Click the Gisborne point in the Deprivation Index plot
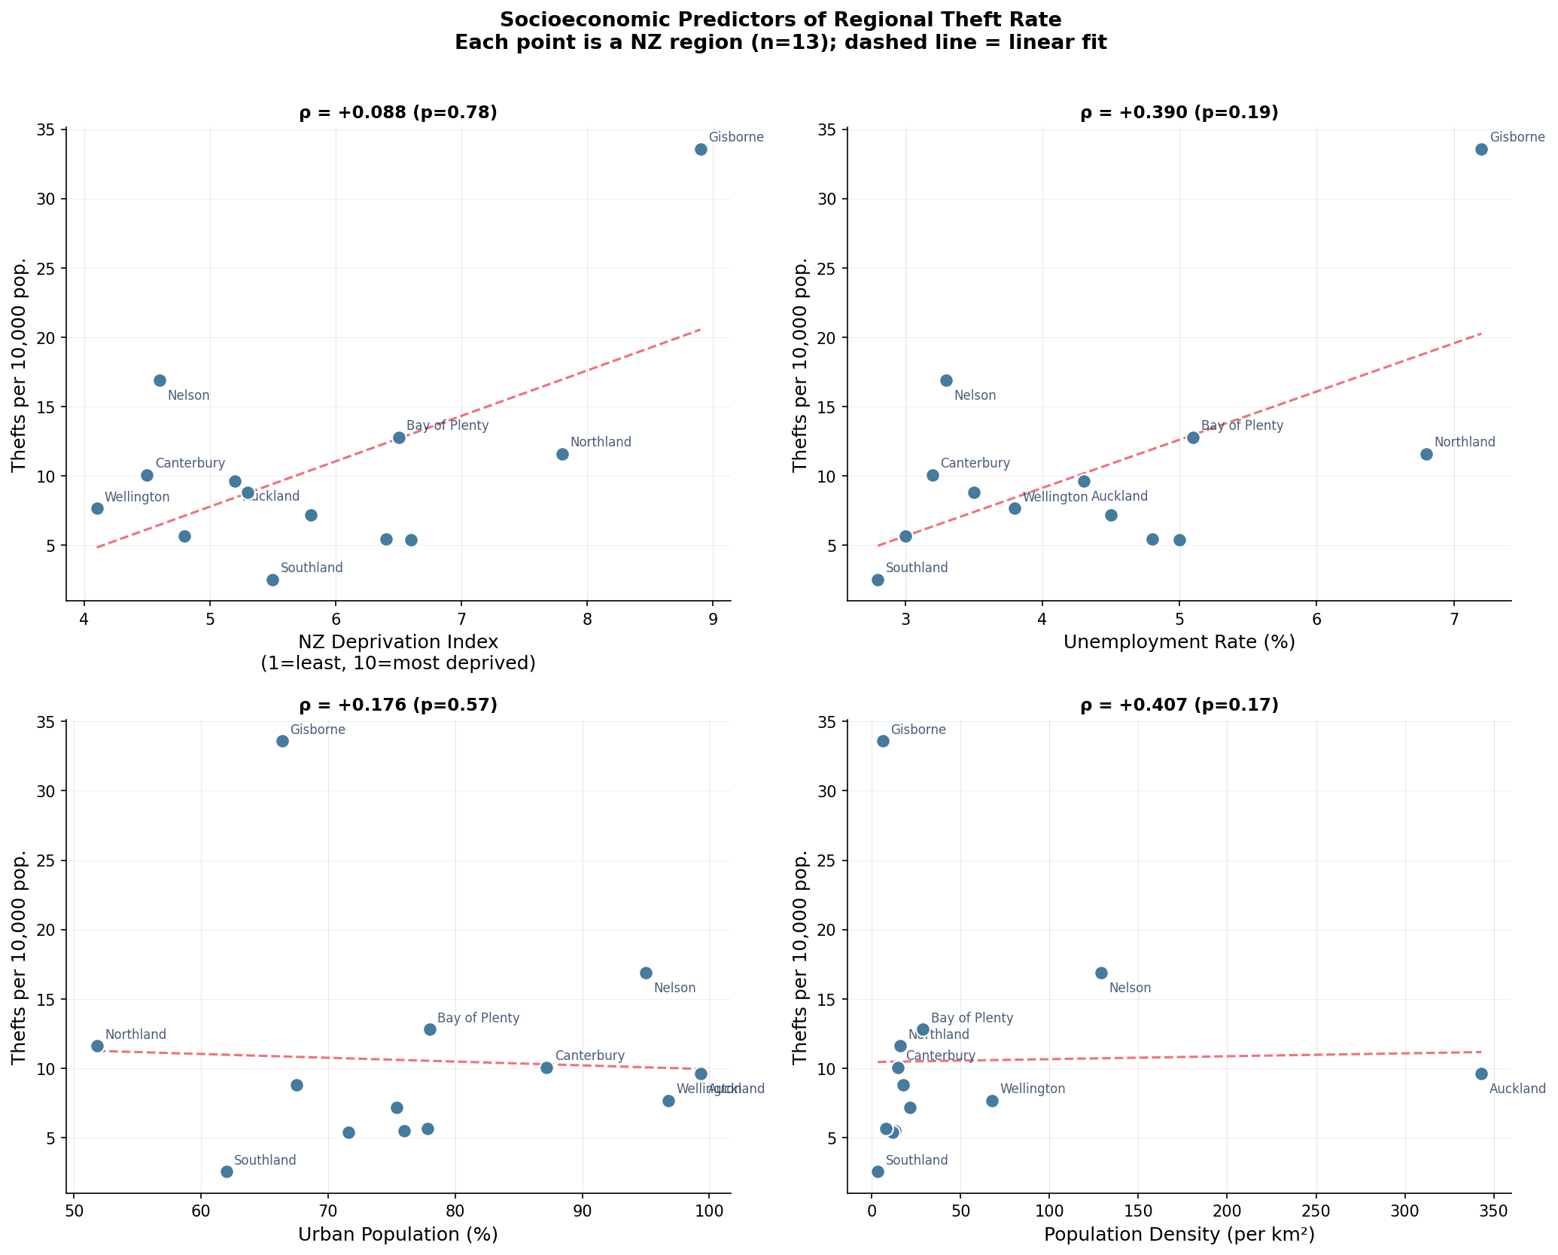point(701,149)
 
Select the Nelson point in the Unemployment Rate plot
point(946,380)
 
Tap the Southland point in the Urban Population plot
point(227,1171)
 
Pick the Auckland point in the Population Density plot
point(1481,1074)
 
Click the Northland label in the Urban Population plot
point(135,1034)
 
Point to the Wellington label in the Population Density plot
point(1033,1089)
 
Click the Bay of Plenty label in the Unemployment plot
point(1242,425)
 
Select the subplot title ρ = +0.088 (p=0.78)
point(398,113)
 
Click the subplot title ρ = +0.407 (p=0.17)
point(1179,705)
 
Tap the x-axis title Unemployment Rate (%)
point(1179,642)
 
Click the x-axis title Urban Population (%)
point(398,1235)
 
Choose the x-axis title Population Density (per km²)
point(1179,1235)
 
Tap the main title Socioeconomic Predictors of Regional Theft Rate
point(781,20)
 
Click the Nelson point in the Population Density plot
point(1101,973)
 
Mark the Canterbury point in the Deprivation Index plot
point(147,475)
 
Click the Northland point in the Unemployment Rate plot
point(1426,454)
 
